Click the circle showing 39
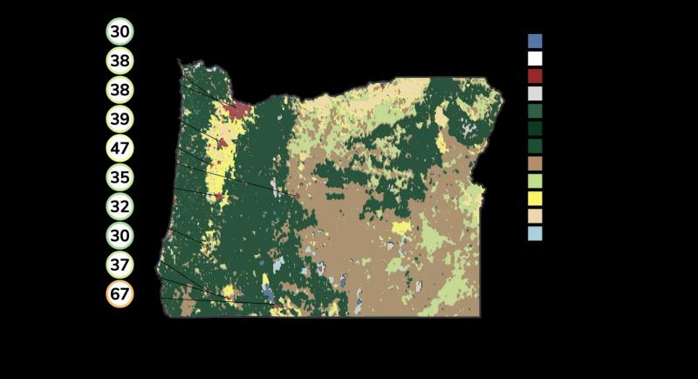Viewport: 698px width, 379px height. (x=120, y=119)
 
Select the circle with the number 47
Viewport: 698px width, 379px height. (x=120, y=148)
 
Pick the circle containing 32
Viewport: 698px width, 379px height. (x=120, y=207)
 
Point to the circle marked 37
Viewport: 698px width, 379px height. (x=120, y=265)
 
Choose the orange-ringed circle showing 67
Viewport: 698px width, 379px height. (x=120, y=294)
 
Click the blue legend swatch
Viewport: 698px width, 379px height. (x=535, y=41)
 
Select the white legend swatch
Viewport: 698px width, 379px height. (x=535, y=59)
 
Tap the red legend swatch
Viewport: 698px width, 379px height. (x=535, y=76)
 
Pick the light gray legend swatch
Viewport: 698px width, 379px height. (x=535, y=93)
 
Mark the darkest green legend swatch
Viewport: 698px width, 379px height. (x=535, y=128)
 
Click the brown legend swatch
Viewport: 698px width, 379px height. (x=535, y=163)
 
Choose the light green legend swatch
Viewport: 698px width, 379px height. (x=535, y=181)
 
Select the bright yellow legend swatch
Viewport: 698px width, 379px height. (x=535, y=198)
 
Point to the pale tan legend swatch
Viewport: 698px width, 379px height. (x=535, y=216)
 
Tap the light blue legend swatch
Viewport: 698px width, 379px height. (x=535, y=233)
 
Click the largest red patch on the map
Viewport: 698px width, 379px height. (x=236, y=111)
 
